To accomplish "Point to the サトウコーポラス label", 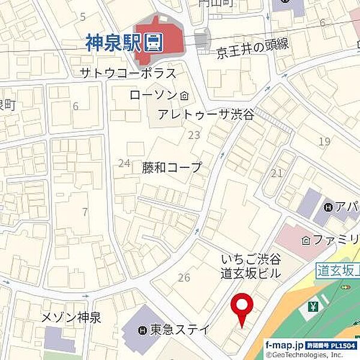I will (x=128, y=74).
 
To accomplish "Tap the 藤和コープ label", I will (x=172, y=167).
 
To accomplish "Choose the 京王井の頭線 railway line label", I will (x=253, y=53).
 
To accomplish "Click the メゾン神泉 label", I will (x=71, y=318).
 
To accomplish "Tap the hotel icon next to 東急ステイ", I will (x=142, y=329).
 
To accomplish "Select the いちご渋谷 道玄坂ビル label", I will (x=251, y=266).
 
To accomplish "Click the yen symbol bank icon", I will (x=313, y=307).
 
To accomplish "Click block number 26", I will (x=184, y=277).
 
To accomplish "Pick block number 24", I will (x=124, y=163).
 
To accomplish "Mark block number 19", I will (x=325, y=142).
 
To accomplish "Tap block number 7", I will (x=85, y=212).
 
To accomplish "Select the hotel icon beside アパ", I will (x=328, y=208).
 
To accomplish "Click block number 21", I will (x=277, y=173).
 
